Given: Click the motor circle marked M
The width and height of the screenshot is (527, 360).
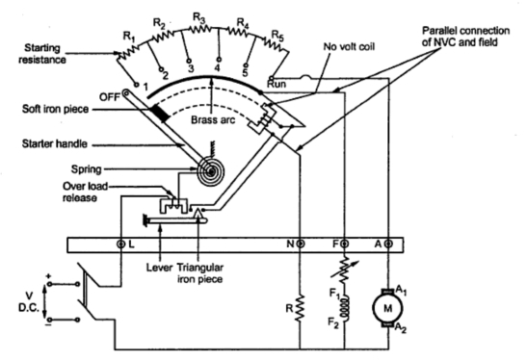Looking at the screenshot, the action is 387,308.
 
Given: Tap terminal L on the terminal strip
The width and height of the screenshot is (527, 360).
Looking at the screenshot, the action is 121,244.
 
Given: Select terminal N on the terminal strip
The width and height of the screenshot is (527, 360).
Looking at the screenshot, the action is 301,244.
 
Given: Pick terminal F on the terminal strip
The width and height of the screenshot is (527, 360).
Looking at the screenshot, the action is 345,244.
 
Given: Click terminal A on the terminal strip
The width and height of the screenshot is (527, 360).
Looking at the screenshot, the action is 388,244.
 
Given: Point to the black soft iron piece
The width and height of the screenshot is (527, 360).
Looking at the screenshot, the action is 160,113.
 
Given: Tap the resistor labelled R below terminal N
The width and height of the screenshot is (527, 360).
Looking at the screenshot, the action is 300,308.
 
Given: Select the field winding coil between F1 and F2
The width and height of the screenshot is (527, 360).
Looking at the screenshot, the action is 345,309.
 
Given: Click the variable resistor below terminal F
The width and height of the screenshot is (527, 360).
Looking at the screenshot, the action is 345,269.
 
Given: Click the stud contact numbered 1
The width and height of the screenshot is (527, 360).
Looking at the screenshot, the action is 137,85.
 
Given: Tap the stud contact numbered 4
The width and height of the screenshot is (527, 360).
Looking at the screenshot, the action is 219,59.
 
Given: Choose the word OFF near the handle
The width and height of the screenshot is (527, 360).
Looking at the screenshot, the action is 109,97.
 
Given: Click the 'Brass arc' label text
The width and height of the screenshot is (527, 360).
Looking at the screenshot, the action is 213,120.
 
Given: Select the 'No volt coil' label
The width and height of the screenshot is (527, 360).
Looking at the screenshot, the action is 349,46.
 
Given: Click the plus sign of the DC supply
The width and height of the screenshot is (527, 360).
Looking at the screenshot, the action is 49,276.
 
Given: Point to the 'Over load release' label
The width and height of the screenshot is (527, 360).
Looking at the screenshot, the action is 85,192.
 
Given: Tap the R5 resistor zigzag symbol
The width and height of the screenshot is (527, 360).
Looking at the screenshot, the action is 276,44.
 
